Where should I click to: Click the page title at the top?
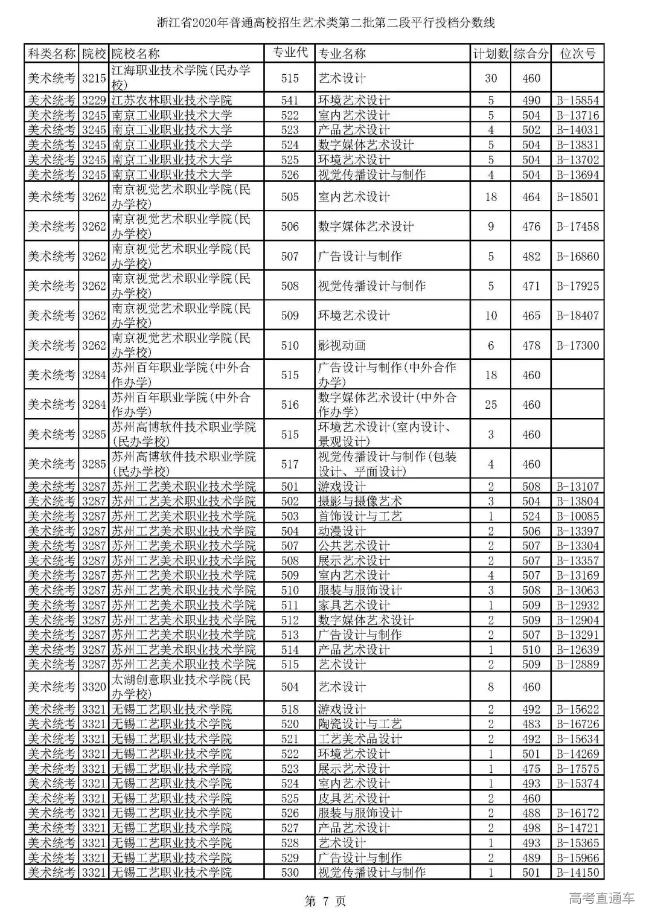pyautogui.click(x=325, y=23)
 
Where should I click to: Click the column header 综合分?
pyautogui.click(x=531, y=54)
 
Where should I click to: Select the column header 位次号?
pyautogui.click(x=578, y=54)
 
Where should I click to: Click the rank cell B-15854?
pyautogui.click(x=578, y=100)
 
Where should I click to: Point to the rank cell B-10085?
pyautogui.click(x=578, y=516)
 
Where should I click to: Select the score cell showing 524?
pyautogui.click(x=531, y=516)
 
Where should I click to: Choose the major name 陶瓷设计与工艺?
pyautogui.click(x=360, y=724)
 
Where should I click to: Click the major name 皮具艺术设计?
pyautogui.click(x=354, y=798)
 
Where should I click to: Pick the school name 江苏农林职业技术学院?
pyautogui.click(x=171, y=100)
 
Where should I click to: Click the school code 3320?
pyautogui.click(x=94, y=687)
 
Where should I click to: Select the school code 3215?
pyautogui.click(x=94, y=78)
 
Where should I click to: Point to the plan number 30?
pyautogui.click(x=491, y=78)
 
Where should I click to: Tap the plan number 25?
pyautogui.click(x=491, y=405)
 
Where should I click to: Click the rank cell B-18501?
pyautogui.click(x=578, y=197)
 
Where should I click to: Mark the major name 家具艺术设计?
pyautogui.click(x=354, y=605)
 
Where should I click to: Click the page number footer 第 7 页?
pyautogui.click(x=325, y=901)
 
